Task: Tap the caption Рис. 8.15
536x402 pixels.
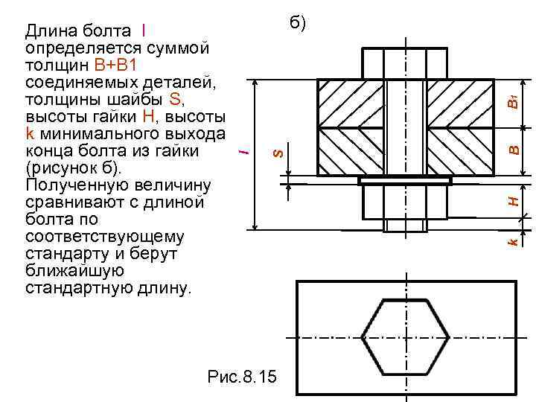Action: tap(241, 377)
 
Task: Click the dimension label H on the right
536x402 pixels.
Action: tap(513, 200)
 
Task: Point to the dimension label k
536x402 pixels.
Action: tap(513, 242)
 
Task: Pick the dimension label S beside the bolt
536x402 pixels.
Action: tap(277, 152)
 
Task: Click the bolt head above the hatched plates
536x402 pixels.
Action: tap(406, 62)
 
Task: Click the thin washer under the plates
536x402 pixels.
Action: tap(406, 181)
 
